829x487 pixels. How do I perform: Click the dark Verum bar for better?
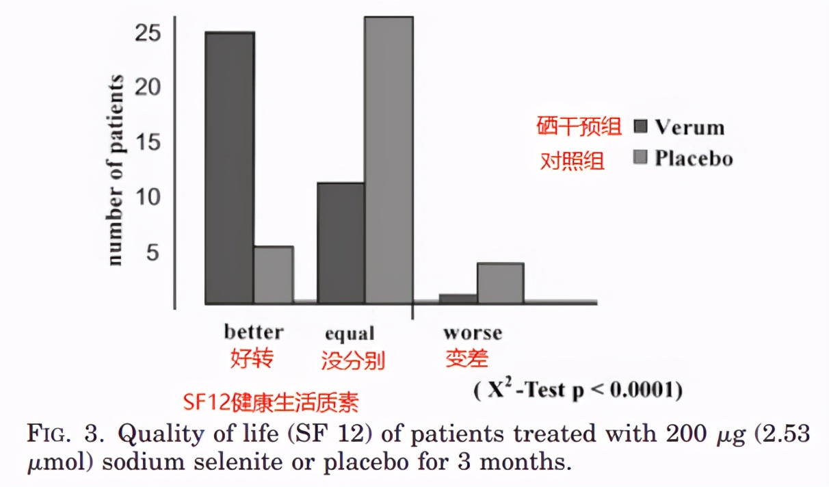click(x=230, y=168)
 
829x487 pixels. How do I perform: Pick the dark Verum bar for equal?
click(x=341, y=243)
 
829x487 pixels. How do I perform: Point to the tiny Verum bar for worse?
click(x=458, y=299)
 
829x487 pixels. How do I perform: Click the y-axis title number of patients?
click(x=116, y=169)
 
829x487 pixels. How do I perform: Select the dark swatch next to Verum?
click(x=640, y=128)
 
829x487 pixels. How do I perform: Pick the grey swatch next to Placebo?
click(x=640, y=159)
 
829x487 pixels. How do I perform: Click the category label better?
click(x=253, y=332)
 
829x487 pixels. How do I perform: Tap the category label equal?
click(x=350, y=334)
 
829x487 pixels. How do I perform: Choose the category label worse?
click(x=472, y=333)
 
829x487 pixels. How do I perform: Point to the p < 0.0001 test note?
click(x=578, y=390)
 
